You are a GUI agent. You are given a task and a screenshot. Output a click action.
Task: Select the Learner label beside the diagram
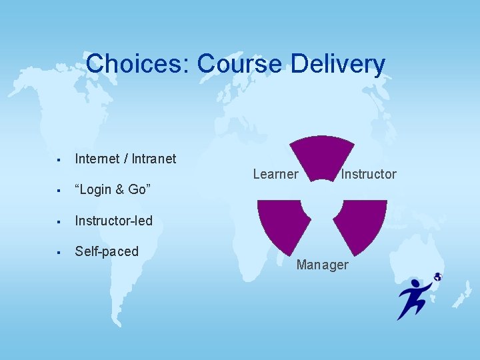pos(275,174)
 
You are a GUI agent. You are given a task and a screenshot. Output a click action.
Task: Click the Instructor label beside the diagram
pos(369,174)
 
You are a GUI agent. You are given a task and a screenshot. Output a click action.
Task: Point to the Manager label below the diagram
pos(322,265)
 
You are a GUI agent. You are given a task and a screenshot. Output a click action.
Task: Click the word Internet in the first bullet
pos(96,159)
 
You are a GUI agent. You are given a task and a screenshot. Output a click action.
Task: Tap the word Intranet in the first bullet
pos(154,159)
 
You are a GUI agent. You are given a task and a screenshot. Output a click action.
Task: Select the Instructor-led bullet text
pos(113,221)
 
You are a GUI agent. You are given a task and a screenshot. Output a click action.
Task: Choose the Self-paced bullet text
pos(107,251)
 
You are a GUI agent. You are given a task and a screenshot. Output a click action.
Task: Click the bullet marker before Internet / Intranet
pos(59,159)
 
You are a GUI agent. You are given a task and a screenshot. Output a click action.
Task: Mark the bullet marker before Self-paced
pos(59,252)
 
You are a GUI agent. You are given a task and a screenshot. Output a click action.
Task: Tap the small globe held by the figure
pos(437,277)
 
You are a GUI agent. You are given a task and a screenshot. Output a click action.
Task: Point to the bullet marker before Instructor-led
pos(59,221)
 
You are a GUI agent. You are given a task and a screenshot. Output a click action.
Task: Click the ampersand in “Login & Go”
pos(120,190)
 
